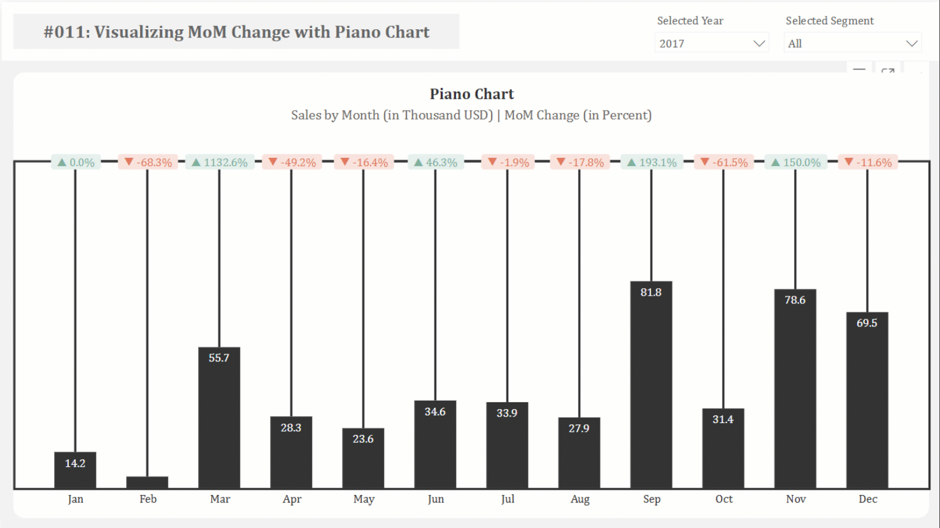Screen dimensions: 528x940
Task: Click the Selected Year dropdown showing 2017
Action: pyautogui.click(x=711, y=43)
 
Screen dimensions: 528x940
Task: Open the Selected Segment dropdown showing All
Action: pyautogui.click(x=852, y=43)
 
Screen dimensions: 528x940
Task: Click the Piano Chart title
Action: pyautogui.click(x=471, y=94)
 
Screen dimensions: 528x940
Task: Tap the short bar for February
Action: pyautogui.click(x=147, y=482)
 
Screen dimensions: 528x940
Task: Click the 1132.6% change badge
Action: pyautogui.click(x=220, y=162)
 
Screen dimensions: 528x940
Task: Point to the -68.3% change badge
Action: pyautogui.click(x=148, y=162)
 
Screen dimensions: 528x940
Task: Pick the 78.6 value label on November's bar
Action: pyautogui.click(x=795, y=300)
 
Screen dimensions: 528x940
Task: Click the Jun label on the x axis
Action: pyautogui.click(x=436, y=499)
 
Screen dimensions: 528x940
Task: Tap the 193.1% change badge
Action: pyautogui.click(x=652, y=162)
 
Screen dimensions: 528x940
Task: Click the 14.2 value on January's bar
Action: pyautogui.click(x=75, y=463)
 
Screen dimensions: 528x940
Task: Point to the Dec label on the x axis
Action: pyautogui.click(x=867, y=499)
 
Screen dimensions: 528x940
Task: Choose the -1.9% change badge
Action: pyautogui.click(x=508, y=162)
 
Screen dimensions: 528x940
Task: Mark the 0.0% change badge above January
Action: pyautogui.click(x=76, y=162)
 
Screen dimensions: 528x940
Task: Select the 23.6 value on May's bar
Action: pyautogui.click(x=363, y=439)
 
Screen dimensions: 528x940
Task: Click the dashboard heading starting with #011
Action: pyautogui.click(x=236, y=32)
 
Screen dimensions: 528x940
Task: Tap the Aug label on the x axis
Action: pyautogui.click(x=580, y=499)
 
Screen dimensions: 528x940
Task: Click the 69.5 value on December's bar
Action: pyautogui.click(x=867, y=323)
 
